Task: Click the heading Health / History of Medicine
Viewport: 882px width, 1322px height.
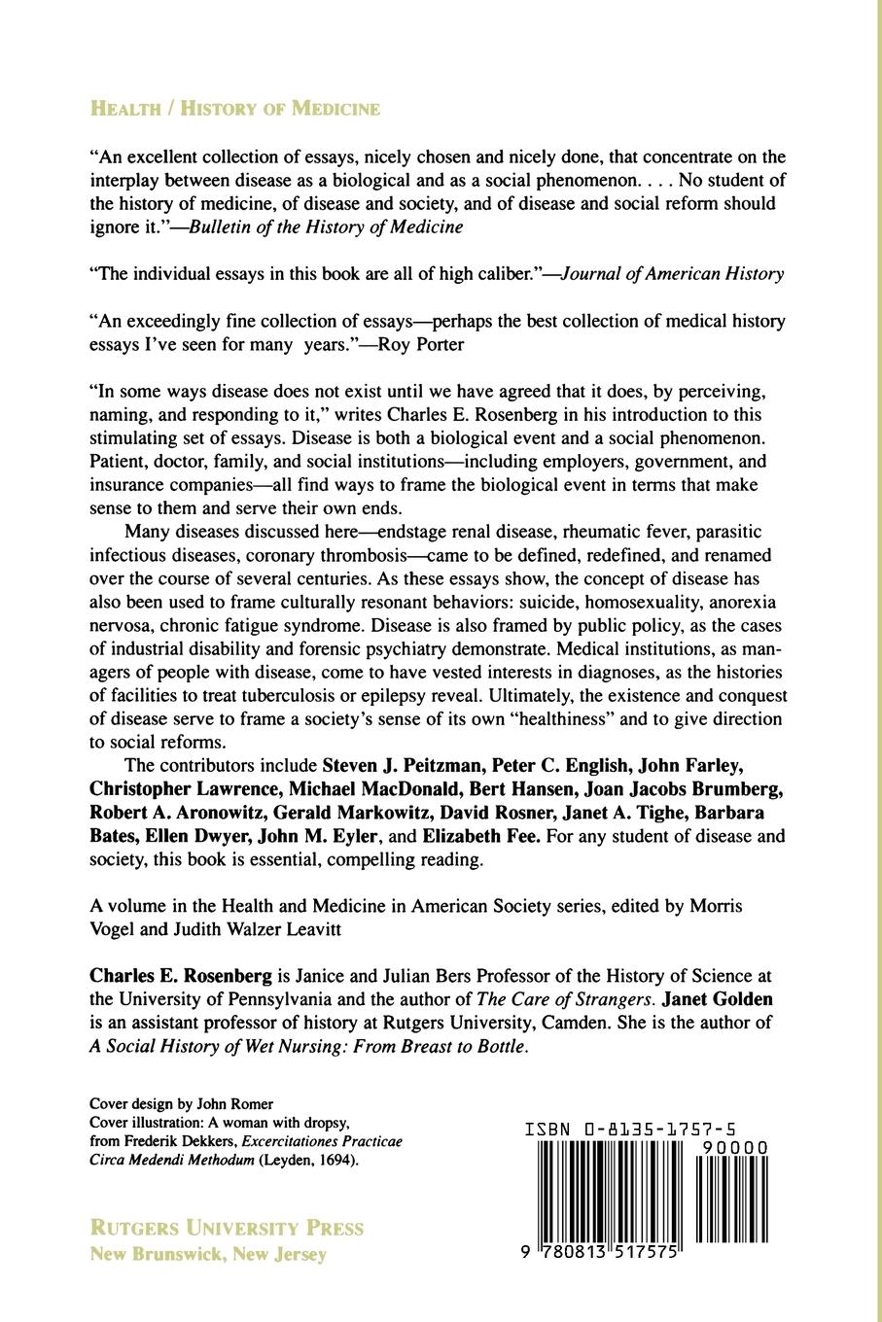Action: click(234, 109)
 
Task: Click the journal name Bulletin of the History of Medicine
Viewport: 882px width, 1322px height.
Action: click(326, 226)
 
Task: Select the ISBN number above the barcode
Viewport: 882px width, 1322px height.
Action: click(630, 1130)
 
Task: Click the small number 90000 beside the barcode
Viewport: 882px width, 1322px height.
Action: click(736, 1147)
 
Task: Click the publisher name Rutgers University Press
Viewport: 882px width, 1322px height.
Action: click(227, 1228)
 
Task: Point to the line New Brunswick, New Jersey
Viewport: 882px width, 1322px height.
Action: click(208, 1254)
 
